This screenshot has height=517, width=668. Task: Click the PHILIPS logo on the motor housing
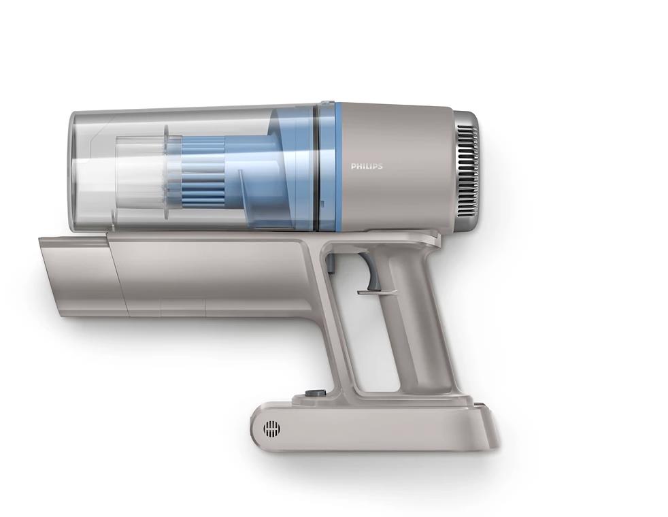pyautogui.click(x=367, y=166)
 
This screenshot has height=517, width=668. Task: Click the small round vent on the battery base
pyautogui.click(x=272, y=428)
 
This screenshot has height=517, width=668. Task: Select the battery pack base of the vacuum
pyautogui.click(x=374, y=425)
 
